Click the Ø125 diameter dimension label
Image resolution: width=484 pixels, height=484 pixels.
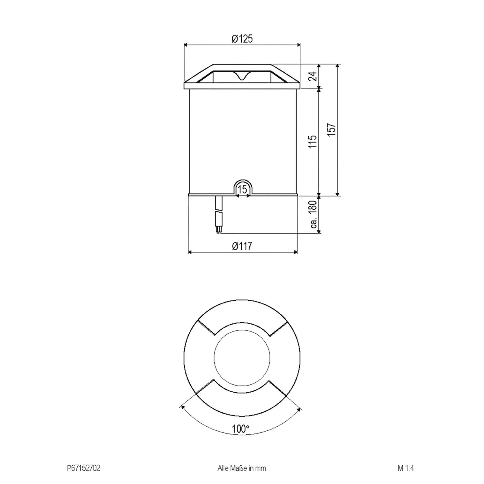(242, 39)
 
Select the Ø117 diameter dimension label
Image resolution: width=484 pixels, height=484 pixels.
(242, 246)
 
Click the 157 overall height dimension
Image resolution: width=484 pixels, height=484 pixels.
(332, 130)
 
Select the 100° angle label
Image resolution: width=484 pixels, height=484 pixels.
(240, 429)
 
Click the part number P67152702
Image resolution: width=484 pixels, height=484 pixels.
(84, 468)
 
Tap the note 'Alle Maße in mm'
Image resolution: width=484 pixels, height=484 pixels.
(242, 468)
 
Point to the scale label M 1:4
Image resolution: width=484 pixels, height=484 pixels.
(406, 468)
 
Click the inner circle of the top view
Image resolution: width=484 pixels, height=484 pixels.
(242, 358)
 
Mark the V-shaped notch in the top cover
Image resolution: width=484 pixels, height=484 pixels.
(241, 76)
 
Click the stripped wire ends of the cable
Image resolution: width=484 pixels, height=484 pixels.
(219, 230)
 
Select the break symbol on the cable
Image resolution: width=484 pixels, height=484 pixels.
(219, 211)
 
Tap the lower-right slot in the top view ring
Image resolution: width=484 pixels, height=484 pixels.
(278, 388)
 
